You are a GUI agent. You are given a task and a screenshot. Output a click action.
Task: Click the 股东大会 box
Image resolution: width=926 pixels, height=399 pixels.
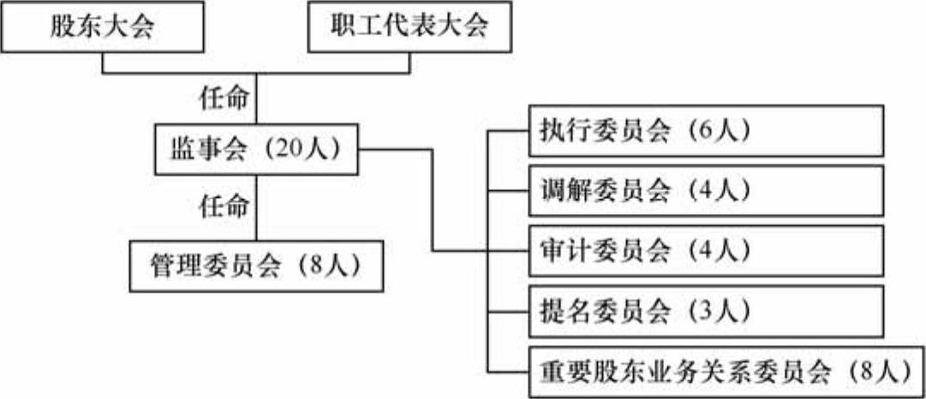[x=102, y=27]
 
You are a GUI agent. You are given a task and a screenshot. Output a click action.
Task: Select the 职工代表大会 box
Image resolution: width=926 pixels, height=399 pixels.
[x=409, y=27]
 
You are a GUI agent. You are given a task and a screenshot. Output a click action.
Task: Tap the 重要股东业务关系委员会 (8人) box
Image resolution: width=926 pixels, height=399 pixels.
[x=724, y=372]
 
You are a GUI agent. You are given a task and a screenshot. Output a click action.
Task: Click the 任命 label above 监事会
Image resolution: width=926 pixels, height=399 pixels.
[x=224, y=99]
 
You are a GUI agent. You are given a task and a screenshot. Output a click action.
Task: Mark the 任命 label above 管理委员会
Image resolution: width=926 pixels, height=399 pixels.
[x=224, y=206]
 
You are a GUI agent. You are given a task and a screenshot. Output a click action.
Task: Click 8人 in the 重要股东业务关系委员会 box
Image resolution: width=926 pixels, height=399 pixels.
[x=881, y=372]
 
